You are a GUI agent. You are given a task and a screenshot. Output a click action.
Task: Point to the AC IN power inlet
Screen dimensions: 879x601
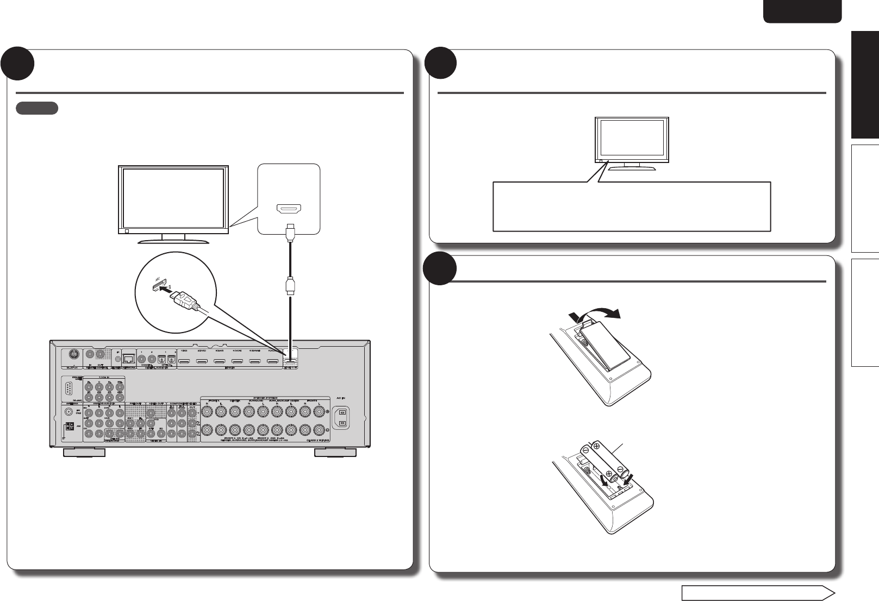(343, 418)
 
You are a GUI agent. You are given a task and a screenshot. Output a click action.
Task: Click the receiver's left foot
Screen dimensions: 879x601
(84, 453)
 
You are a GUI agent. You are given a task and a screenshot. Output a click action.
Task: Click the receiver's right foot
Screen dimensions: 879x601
(336, 453)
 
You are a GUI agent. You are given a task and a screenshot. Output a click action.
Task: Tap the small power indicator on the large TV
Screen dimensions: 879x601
(127, 231)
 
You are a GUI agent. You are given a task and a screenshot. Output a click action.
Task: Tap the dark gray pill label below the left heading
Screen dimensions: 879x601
(37, 108)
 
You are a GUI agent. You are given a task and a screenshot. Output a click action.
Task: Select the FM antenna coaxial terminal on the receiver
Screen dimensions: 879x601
(68, 411)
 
